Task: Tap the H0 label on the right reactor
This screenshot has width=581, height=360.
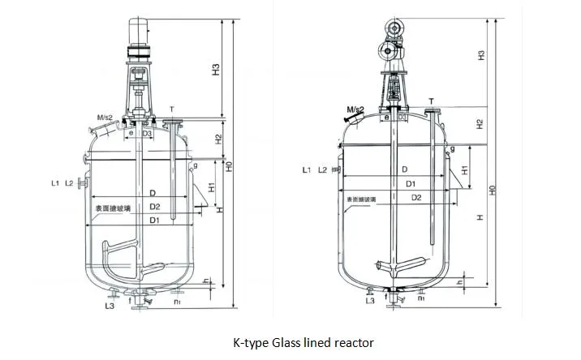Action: click(x=492, y=192)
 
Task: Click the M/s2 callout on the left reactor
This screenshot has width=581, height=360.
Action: click(x=103, y=118)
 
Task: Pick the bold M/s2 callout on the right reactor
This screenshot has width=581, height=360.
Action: click(x=355, y=109)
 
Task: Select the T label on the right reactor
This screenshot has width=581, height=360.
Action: click(x=430, y=101)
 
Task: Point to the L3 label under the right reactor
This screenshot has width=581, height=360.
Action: click(x=369, y=301)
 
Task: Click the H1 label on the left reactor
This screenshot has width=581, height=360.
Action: click(x=210, y=187)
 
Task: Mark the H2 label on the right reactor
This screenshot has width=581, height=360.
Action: click(x=480, y=124)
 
